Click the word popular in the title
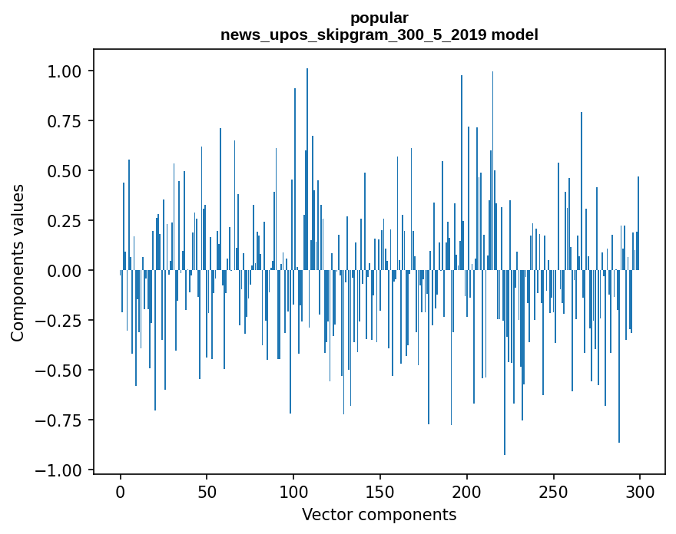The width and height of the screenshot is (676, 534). [x=379, y=18]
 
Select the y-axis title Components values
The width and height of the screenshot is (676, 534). [x=18, y=262]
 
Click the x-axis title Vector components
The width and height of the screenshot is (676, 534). [x=379, y=515]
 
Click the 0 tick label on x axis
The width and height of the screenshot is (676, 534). [x=121, y=493]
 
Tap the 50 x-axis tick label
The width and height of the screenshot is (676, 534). [x=207, y=493]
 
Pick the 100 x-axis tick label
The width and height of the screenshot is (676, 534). [x=293, y=493]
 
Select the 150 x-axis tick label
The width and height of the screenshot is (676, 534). [x=380, y=493]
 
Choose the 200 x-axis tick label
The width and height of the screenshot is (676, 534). [x=466, y=493]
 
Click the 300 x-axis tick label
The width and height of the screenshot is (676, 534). [x=639, y=493]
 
